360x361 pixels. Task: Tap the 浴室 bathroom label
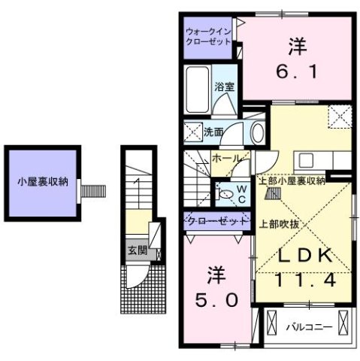point(225,87)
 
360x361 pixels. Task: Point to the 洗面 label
point(213,132)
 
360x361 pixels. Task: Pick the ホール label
point(226,159)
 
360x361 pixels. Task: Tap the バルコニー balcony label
point(307,326)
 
